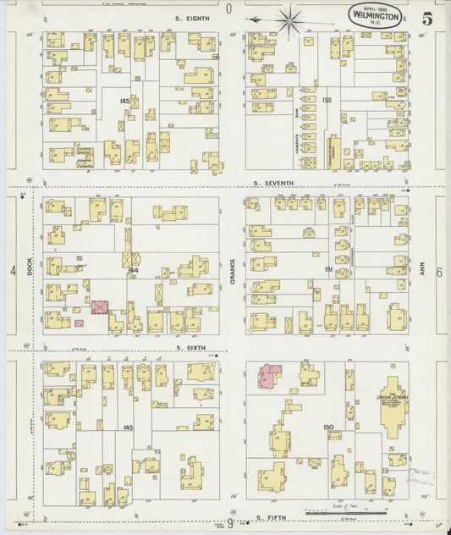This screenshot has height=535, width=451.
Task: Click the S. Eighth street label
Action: click(190, 17)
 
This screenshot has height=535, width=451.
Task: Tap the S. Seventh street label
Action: click(272, 184)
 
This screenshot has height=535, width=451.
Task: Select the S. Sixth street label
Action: click(191, 347)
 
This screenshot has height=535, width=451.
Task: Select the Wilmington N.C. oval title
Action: click(373, 14)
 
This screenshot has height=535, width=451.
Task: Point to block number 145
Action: click(125, 102)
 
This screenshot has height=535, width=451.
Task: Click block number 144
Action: click(133, 270)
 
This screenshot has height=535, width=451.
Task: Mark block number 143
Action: click(128, 427)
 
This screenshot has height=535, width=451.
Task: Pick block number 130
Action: click(327, 427)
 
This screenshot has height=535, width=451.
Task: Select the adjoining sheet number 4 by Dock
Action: click(13, 271)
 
